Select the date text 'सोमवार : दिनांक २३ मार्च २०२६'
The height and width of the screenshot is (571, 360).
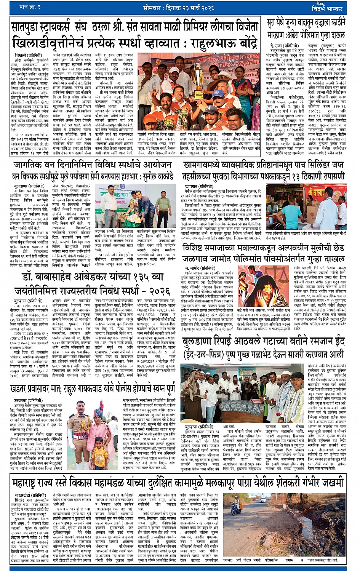tap(179, 6)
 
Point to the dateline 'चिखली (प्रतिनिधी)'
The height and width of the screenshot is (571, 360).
tap(28, 55)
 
